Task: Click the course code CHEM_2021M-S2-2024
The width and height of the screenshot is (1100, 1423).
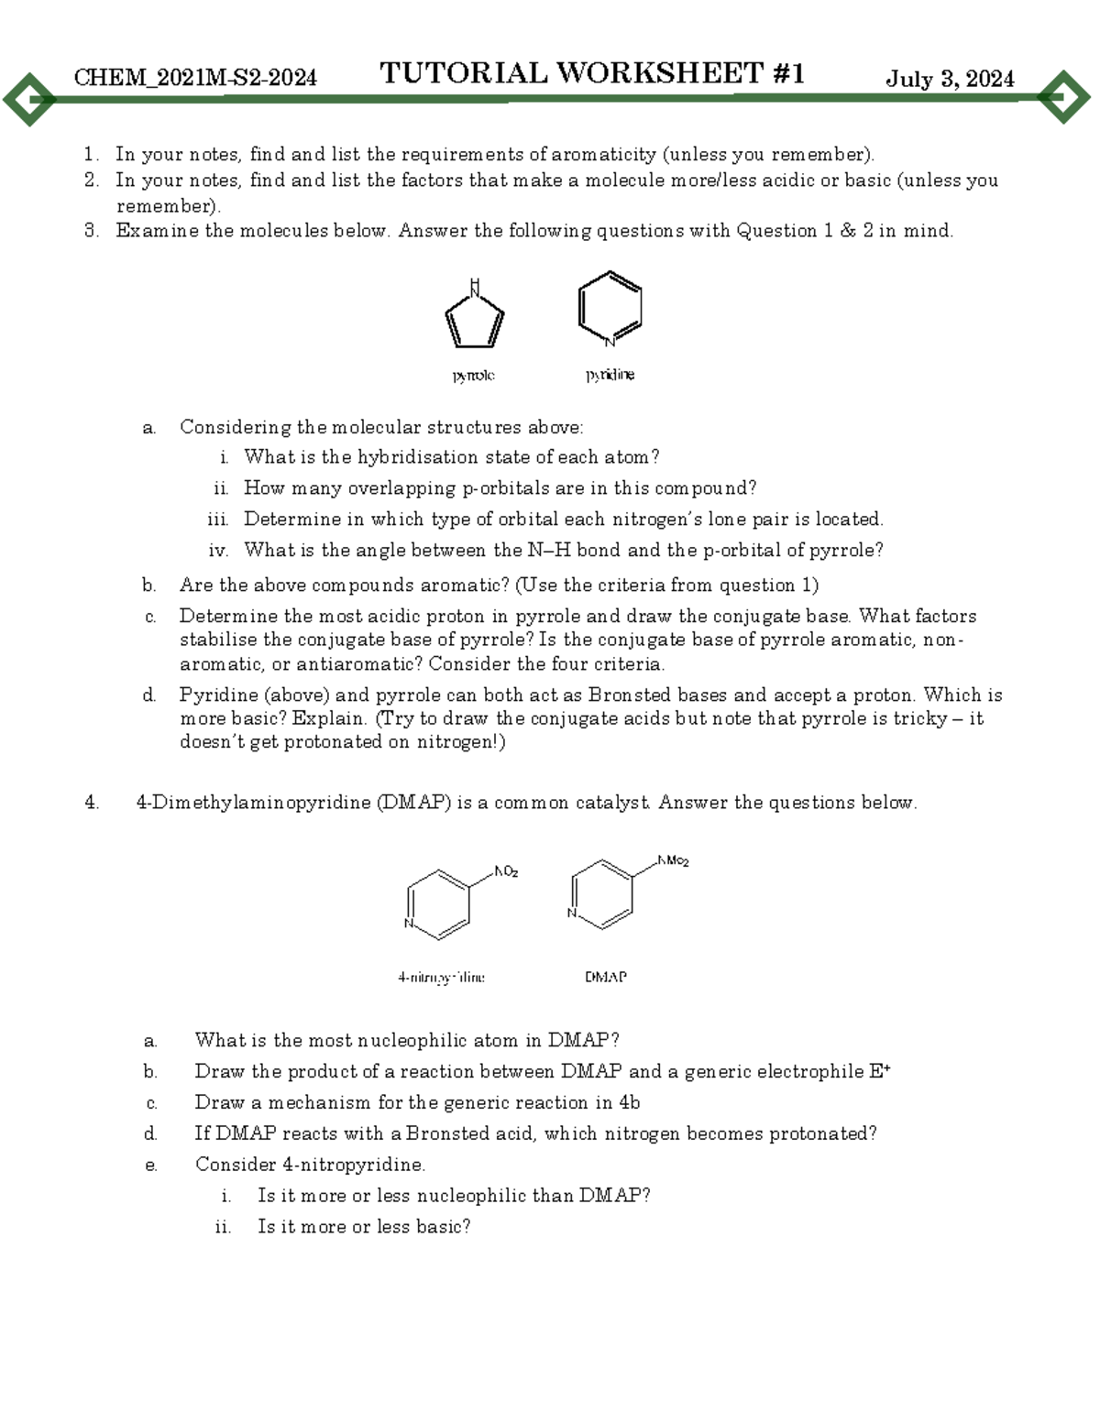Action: point(195,78)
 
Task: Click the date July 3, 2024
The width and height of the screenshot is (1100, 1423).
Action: point(950,79)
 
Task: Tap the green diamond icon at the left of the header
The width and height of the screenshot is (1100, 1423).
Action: point(29,97)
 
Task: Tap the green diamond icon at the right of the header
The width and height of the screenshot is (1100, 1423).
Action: point(1063,96)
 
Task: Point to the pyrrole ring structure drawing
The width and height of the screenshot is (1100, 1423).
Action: point(474,316)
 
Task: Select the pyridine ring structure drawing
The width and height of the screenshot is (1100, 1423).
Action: point(610,309)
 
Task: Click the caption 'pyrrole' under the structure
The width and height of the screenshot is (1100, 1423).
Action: point(473,375)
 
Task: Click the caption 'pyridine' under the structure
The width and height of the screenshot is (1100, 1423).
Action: point(610,375)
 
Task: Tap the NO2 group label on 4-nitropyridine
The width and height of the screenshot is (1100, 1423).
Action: point(506,871)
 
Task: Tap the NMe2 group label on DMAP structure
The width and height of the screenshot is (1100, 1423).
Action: point(674,860)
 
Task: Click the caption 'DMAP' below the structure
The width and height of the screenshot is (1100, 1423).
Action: point(606,977)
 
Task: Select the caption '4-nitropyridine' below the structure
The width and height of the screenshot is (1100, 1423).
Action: point(441,977)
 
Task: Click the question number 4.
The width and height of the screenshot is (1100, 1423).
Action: point(91,803)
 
